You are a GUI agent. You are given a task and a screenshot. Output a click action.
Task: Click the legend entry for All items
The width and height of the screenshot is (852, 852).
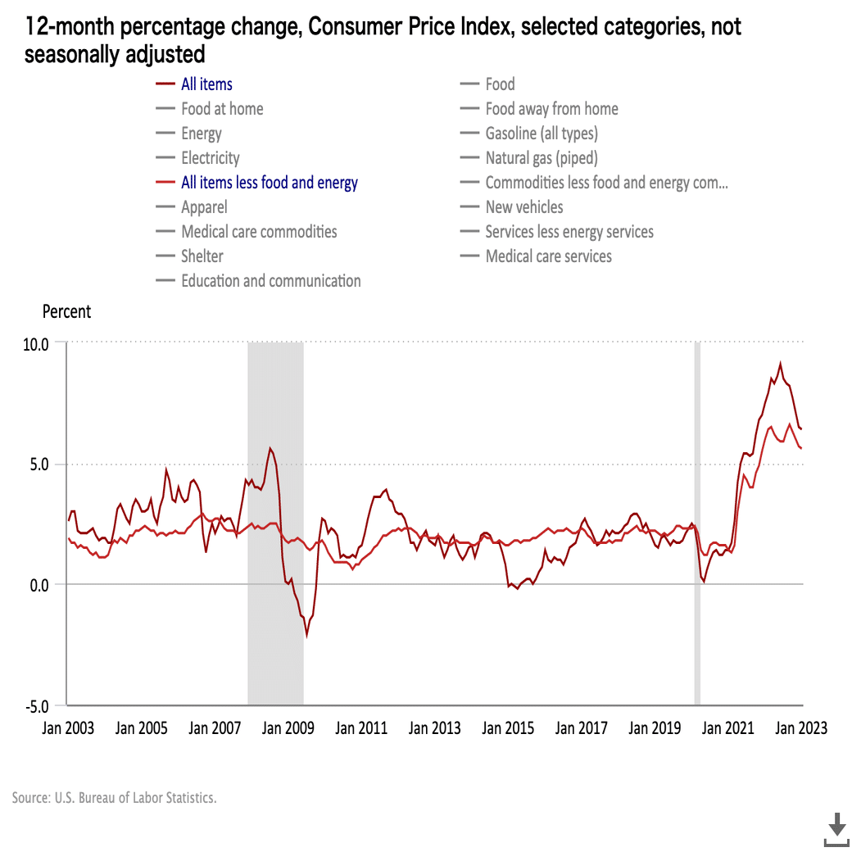tap(206, 84)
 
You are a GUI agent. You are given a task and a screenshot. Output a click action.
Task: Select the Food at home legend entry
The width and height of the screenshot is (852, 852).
tap(222, 109)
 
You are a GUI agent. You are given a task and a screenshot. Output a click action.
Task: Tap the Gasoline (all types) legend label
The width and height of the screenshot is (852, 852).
tap(541, 134)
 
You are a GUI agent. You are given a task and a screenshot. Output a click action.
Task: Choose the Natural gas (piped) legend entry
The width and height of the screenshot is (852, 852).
tap(541, 158)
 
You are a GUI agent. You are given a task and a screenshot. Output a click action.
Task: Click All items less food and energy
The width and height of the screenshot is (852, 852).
tap(269, 183)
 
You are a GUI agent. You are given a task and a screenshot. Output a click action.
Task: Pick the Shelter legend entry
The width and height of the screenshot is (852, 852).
tap(202, 256)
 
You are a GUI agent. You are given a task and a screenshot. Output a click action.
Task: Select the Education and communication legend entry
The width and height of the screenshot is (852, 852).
tap(270, 281)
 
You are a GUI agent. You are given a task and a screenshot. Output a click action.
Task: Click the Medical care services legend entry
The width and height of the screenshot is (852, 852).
tap(548, 256)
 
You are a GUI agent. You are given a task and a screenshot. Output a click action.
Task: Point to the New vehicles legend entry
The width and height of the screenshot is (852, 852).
tap(523, 207)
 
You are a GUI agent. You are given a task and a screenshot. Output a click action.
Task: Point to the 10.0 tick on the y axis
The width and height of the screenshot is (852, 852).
tap(35, 343)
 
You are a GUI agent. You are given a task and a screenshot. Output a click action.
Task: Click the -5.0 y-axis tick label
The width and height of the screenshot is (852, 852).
tap(35, 705)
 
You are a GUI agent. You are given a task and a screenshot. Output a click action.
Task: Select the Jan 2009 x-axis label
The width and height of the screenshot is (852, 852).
tap(288, 728)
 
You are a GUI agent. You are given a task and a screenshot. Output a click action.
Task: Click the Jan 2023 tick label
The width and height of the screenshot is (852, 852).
tap(802, 728)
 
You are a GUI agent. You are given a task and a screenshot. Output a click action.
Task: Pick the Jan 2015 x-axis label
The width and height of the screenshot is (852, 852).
tap(509, 728)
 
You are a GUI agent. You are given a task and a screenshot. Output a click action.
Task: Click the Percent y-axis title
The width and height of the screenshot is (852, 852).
tap(66, 312)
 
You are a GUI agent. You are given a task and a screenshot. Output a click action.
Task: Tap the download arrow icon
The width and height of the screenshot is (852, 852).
tap(836, 829)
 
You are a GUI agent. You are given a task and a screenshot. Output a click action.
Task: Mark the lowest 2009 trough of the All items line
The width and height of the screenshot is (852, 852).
tap(307, 635)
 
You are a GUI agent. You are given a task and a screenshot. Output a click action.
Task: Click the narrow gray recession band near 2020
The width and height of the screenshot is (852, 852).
tap(697, 524)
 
